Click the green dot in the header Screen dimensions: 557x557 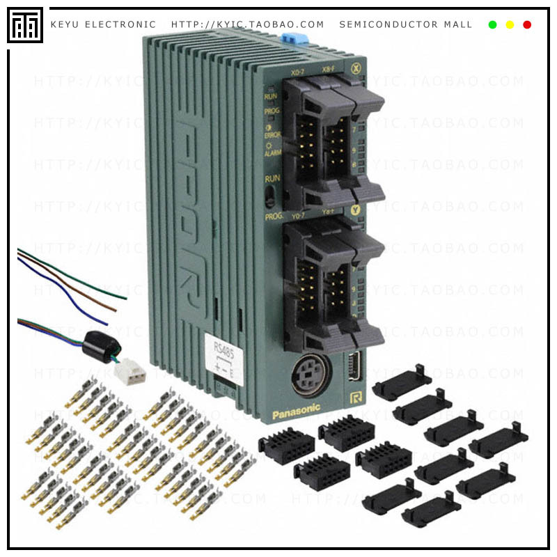click(x=492, y=25)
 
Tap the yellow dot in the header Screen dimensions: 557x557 click(x=510, y=25)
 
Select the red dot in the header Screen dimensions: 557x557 click(x=527, y=25)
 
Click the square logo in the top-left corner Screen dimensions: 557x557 click(x=25, y=25)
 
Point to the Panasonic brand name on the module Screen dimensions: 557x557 click(x=296, y=411)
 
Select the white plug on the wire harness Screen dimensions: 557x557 click(x=130, y=372)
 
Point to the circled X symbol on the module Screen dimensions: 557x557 click(x=356, y=68)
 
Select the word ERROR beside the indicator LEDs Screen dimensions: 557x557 click(x=273, y=134)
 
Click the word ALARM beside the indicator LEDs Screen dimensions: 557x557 click(x=272, y=152)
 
